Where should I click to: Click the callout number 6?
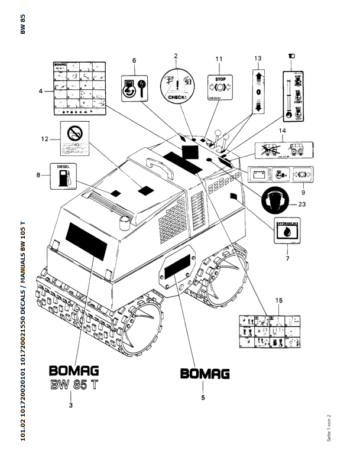[x=134, y=61]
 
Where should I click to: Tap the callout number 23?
[x=302, y=205]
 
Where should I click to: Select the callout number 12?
[x=44, y=139]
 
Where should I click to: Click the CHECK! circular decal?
[x=176, y=83]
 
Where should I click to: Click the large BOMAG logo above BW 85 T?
[x=74, y=372]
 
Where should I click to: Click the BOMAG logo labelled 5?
[x=205, y=374]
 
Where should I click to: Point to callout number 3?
[x=71, y=405]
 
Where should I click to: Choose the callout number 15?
[x=278, y=302]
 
